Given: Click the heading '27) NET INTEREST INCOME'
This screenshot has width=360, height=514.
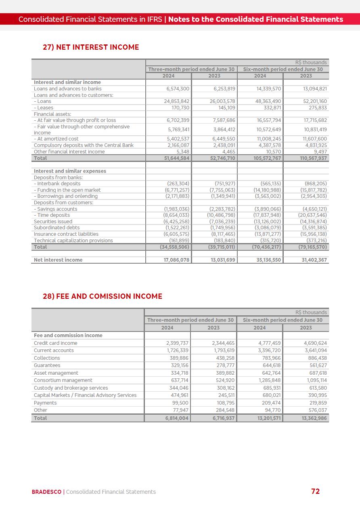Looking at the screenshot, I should click(x=91, y=47).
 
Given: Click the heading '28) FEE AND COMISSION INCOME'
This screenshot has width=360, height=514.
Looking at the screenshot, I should click(x=103, y=296).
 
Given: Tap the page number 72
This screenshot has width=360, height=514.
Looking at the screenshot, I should click(x=315, y=491).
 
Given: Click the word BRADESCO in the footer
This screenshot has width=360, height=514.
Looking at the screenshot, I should click(x=46, y=492).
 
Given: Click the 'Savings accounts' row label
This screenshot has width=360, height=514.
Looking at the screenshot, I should click(x=55, y=209).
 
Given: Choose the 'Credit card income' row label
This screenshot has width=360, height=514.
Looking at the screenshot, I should click(x=55, y=343).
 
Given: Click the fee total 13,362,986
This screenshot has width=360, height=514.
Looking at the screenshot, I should click(x=314, y=418).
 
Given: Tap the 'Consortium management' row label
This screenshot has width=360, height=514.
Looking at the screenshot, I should click(x=63, y=380).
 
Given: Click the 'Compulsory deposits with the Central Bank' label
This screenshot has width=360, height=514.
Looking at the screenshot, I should click(x=84, y=145).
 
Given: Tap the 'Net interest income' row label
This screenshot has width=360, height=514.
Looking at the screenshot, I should click(x=58, y=260).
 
